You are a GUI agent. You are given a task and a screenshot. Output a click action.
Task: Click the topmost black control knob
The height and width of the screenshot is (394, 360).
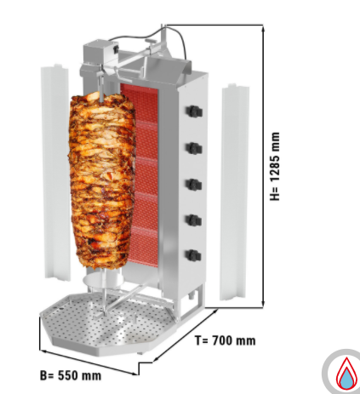(194, 111)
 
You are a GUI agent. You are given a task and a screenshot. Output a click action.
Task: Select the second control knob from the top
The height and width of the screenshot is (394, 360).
(194, 148)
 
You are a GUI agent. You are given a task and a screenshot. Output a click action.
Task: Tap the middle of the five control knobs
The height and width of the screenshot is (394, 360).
(194, 185)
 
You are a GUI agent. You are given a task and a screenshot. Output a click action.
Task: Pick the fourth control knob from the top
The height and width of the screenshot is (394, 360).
(194, 220)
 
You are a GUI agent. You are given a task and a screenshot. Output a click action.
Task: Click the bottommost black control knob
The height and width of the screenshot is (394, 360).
(194, 255)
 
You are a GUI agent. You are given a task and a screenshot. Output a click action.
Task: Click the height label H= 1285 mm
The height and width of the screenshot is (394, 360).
(275, 166)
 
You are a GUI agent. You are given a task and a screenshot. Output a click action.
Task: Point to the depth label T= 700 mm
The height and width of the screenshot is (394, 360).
(226, 340)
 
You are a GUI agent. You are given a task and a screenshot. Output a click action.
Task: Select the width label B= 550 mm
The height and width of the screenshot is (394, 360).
(71, 375)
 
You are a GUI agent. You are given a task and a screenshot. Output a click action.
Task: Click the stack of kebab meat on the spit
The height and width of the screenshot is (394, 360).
(102, 181)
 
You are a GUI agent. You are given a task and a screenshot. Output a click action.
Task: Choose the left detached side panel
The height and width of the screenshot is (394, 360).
(56, 172)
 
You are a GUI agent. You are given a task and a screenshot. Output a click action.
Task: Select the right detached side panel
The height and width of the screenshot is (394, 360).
(234, 191)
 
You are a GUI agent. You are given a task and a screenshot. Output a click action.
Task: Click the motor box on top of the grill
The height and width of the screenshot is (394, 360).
(100, 53)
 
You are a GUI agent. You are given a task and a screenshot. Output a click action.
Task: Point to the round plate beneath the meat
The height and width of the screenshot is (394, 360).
(103, 281)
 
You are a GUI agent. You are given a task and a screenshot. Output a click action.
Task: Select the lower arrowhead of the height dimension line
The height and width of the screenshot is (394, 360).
(263, 303)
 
